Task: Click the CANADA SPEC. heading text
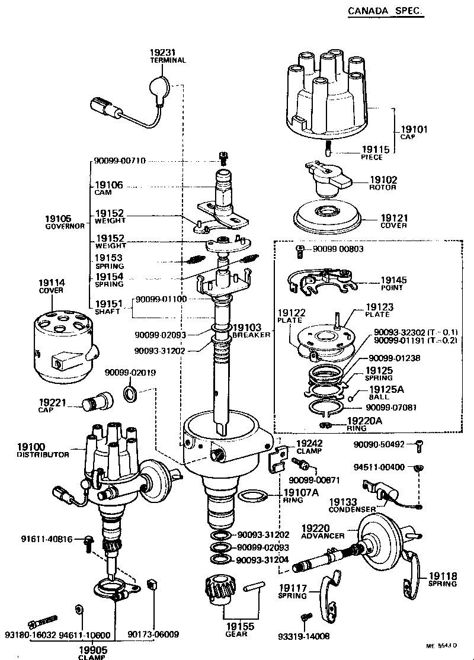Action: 385,11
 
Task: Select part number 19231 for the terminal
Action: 163,53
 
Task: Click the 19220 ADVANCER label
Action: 322,531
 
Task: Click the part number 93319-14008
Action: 303,636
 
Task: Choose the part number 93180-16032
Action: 30,635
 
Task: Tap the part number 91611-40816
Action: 50,539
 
